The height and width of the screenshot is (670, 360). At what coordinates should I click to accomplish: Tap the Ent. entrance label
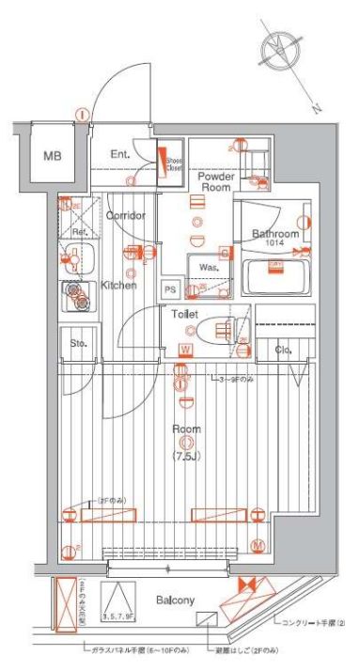pos(120,155)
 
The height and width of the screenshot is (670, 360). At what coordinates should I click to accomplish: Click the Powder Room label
pos(215,180)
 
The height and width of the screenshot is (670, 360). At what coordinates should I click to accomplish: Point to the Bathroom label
pos(274,234)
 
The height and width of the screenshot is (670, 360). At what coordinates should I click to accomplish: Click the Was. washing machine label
pos(208,267)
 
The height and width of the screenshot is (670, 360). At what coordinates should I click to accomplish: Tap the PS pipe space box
pos(171,289)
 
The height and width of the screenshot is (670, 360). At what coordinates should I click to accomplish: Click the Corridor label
pos(125,215)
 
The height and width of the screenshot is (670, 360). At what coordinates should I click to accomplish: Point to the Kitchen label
pos(119,285)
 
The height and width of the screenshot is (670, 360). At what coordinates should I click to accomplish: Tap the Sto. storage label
pos(79,343)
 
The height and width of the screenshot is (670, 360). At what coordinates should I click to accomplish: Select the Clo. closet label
pos(283,351)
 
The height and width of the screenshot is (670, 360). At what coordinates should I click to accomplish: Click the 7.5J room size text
pos(185,458)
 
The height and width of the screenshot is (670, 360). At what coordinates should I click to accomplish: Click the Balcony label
pos(175,600)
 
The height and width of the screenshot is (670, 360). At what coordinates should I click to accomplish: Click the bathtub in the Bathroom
pos(277,279)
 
